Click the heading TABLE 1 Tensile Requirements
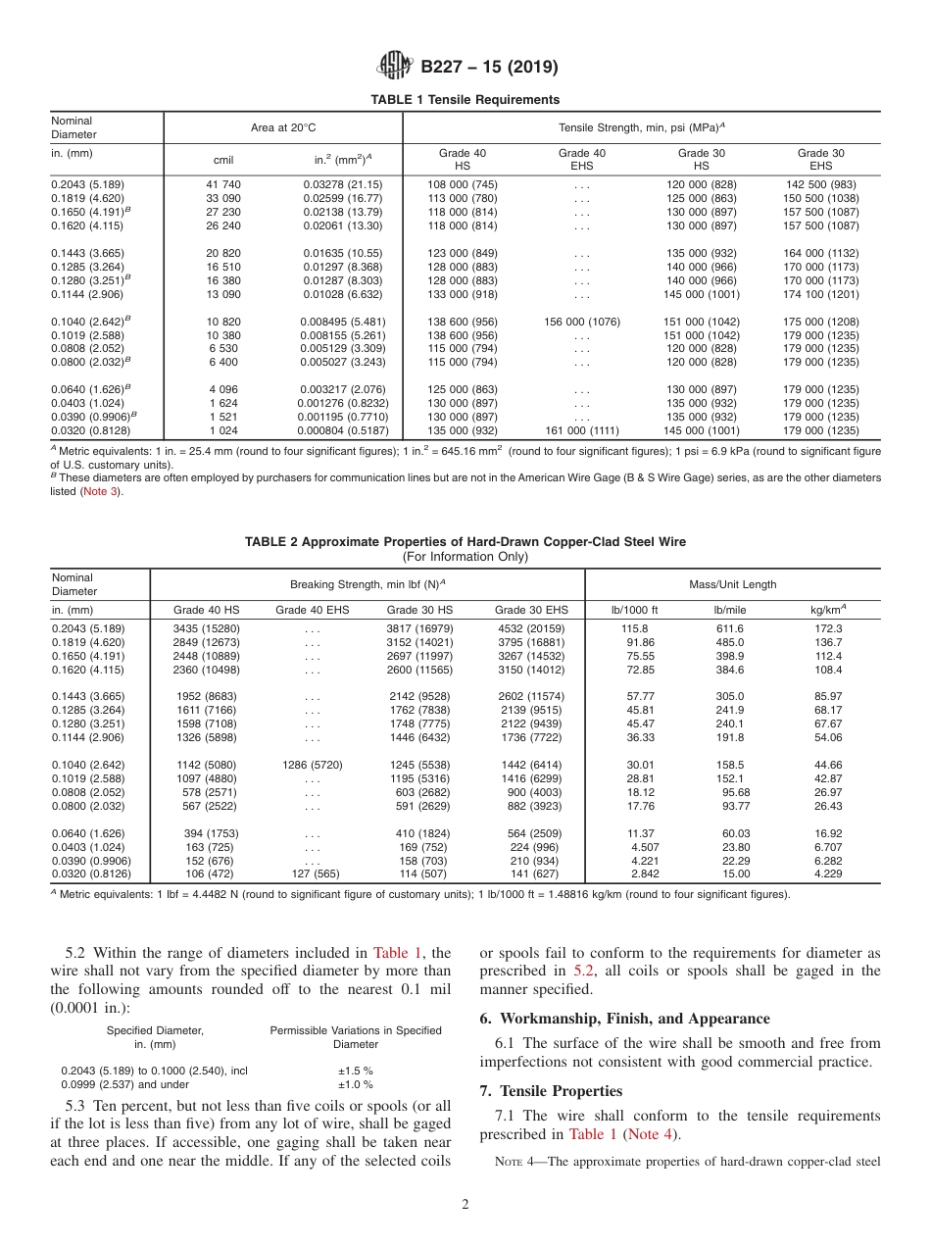[x=465, y=99]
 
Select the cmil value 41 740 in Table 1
[x=223, y=184]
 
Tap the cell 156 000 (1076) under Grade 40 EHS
[x=582, y=322]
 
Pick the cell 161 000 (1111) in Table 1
[x=582, y=431]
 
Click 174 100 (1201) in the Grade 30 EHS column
[x=820, y=294]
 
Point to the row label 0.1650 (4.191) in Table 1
[x=88, y=212]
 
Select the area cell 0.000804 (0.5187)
[x=343, y=431]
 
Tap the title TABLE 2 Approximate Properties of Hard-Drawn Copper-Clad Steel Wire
[x=465, y=541]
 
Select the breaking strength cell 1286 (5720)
[x=312, y=765]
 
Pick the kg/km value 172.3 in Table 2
[x=828, y=627]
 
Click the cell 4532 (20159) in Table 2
[x=531, y=627]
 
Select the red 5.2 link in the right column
[x=584, y=971]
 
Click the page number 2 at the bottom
[x=465, y=1205]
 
